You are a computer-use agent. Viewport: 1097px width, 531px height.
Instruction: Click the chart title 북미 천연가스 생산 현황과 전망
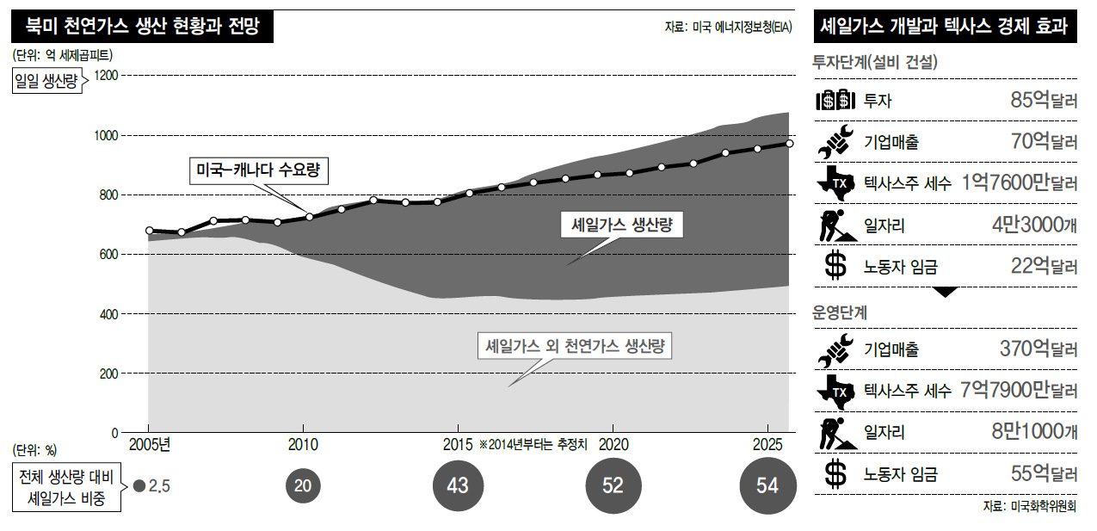click(143, 26)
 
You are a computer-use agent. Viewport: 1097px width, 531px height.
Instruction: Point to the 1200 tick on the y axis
click(108, 76)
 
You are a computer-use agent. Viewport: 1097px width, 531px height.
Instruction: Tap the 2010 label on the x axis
click(302, 445)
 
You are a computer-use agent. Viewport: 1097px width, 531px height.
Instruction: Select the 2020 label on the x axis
click(612, 445)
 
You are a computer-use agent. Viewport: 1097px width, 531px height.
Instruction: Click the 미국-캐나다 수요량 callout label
click(258, 170)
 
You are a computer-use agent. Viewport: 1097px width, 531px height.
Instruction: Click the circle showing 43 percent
click(458, 485)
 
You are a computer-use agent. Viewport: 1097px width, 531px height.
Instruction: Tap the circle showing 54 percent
click(767, 485)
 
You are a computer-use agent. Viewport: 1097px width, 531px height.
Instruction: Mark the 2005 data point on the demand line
click(149, 231)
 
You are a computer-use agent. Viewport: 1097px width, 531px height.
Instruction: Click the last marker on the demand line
click(789, 144)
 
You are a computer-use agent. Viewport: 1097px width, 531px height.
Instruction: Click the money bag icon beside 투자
click(834, 100)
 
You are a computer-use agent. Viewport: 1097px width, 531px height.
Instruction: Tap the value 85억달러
click(1044, 100)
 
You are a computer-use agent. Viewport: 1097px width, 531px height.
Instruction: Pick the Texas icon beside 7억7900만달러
click(834, 392)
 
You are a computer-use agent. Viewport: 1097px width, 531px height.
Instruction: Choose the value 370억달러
click(1038, 349)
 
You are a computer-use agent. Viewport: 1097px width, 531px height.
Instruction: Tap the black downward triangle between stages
click(945, 292)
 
